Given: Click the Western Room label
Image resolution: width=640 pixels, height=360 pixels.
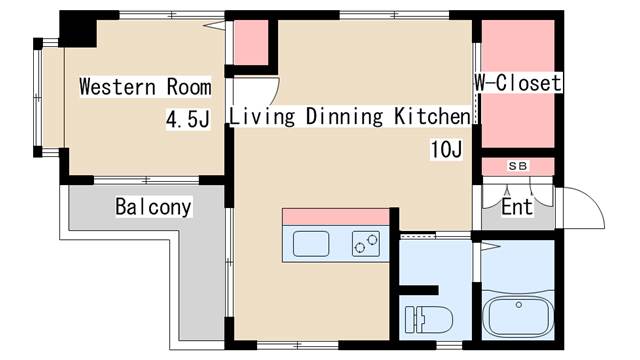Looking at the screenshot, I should tap(146, 86).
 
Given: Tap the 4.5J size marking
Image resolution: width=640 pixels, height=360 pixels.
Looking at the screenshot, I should tap(188, 120).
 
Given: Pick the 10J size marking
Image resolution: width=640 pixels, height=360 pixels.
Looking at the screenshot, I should tap(445, 150).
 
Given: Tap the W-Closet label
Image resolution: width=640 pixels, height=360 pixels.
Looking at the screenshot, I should tap(517, 84).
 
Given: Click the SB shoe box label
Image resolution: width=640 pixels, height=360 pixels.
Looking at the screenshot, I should tap(517, 166).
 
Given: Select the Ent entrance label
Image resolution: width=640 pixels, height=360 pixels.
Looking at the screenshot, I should tap(517, 208).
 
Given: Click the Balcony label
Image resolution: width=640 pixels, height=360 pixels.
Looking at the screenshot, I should tap(153, 208).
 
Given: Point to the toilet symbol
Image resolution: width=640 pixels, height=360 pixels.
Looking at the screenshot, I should tap(426, 319).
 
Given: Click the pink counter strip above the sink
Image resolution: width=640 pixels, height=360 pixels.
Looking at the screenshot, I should tap(335, 217).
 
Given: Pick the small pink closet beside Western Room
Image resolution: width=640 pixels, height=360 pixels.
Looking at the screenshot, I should tap(251, 41).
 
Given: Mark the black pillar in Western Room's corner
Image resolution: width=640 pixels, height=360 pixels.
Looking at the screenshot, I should tap(77, 28).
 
